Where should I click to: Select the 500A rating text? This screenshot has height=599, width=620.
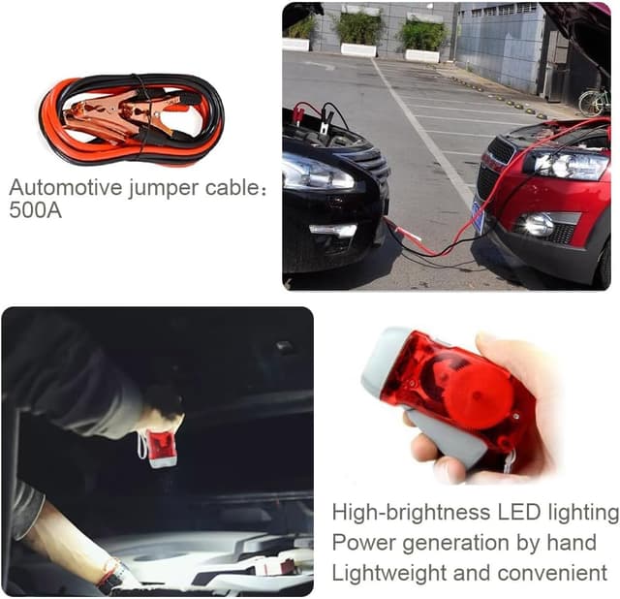(35, 209)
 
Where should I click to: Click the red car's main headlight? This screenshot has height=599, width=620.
(567, 163)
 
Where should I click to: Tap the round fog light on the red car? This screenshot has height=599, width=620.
(538, 225)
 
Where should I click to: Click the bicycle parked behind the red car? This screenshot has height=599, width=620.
(593, 101)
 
